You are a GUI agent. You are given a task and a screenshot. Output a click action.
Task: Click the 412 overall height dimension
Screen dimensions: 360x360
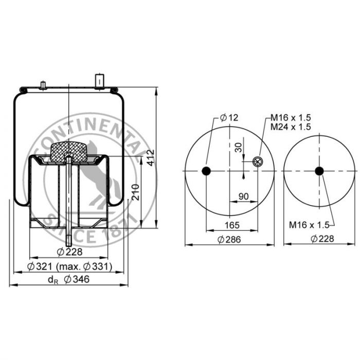pyautogui.click(x=151, y=158)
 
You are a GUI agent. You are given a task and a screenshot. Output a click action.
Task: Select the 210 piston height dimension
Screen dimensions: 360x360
pyautogui.click(x=136, y=192)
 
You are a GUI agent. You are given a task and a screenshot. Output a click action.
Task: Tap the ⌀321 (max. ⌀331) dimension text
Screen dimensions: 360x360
pyautogui.click(x=69, y=266)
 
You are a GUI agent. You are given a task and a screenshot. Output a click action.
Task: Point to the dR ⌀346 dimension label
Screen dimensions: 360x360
pyautogui.click(x=68, y=279)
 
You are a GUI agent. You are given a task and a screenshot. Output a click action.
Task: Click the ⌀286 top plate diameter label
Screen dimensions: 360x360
pyautogui.click(x=229, y=240)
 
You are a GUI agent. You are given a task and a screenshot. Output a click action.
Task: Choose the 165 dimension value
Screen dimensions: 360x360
pyautogui.click(x=232, y=225)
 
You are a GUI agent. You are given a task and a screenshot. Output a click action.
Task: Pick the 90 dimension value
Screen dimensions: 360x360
pyautogui.click(x=244, y=196)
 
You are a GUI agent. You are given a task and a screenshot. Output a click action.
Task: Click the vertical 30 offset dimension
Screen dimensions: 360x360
pyautogui.click(x=239, y=148)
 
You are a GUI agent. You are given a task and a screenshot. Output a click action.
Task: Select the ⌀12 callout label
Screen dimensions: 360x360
pyautogui.click(x=229, y=118)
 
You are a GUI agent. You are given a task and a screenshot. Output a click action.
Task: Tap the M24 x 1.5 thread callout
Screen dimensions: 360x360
pyautogui.click(x=291, y=127)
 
